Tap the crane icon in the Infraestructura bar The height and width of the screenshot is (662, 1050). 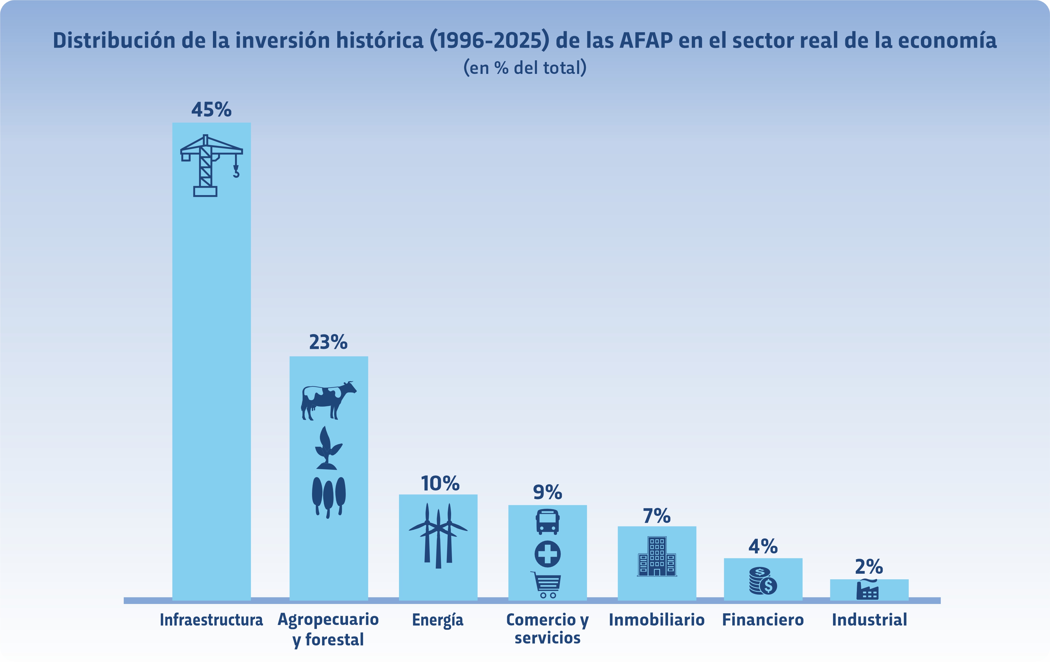click(211, 166)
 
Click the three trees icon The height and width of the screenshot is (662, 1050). click(328, 497)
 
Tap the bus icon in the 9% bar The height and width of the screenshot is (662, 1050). click(547, 522)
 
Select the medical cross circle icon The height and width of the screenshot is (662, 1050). click(547, 554)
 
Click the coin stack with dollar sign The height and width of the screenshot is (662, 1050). click(763, 581)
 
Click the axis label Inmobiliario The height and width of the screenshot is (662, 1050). click(657, 620)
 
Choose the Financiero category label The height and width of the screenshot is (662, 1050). click(763, 620)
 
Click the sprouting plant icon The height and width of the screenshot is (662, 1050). click(327, 448)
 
